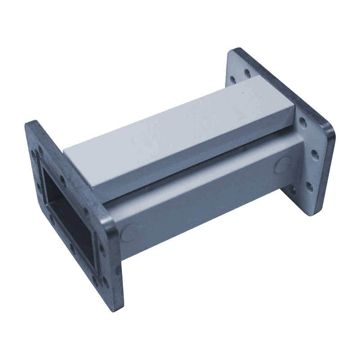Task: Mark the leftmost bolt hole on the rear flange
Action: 232,80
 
